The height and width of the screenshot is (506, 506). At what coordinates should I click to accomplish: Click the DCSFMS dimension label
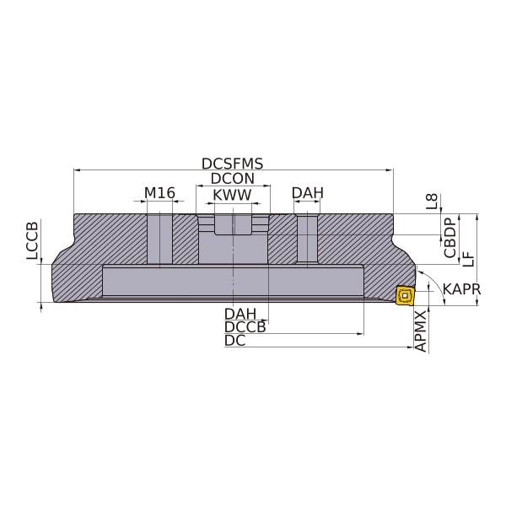click(x=233, y=164)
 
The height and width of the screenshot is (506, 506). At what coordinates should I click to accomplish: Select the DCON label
click(x=233, y=179)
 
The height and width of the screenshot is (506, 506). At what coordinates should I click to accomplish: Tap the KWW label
click(x=232, y=195)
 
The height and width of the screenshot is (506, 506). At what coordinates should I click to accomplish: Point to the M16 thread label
click(x=159, y=193)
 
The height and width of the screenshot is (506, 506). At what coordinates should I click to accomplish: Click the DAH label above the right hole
click(x=308, y=193)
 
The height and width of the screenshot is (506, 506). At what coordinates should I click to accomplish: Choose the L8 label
click(x=432, y=201)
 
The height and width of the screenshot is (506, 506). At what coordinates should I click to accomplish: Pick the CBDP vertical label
click(x=449, y=238)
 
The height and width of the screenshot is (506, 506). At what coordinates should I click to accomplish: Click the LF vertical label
click(x=469, y=259)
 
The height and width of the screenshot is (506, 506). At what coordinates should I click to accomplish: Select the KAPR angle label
click(x=462, y=289)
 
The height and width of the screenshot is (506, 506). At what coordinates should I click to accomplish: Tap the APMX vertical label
click(x=421, y=331)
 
